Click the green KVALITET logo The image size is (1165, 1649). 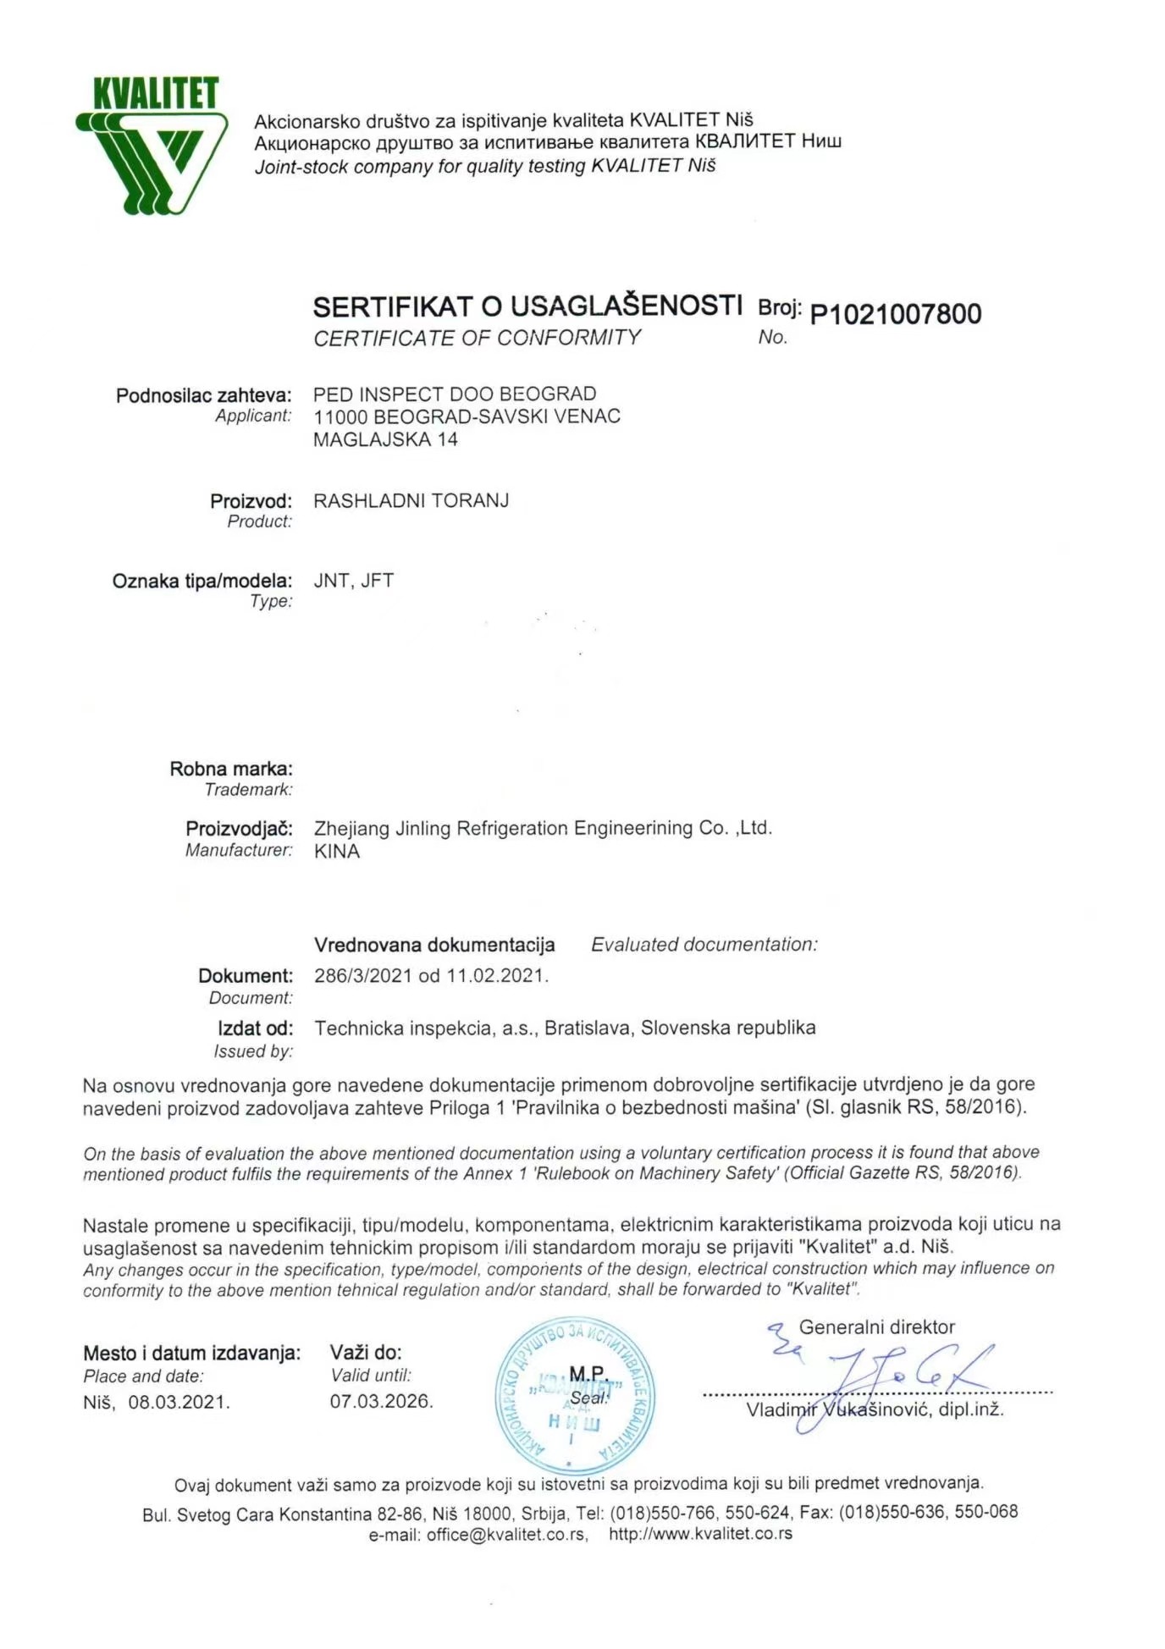click(152, 144)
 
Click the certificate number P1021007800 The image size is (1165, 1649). click(895, 314)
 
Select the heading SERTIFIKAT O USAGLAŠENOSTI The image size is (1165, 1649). click(527, 306)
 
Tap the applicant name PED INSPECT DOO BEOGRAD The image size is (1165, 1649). click(455, 394)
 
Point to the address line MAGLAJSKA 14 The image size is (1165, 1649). click(385, 439)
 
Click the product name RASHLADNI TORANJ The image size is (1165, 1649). click(411, 501)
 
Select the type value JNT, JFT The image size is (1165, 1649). click(353, 581)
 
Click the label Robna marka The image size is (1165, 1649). click(231, 769)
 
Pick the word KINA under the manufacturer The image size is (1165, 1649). click(336, 852)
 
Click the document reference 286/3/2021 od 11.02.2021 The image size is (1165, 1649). click(431, 976)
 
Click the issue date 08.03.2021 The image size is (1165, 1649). click(179, 1403)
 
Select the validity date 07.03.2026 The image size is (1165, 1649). click(381, 1402)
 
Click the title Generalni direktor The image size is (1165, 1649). click(876, 1327)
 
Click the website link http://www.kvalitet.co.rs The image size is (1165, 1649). click(700, 1534)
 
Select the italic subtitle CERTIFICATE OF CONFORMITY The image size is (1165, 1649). click(477, 338)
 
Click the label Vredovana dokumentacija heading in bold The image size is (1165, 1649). click(434, 945)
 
